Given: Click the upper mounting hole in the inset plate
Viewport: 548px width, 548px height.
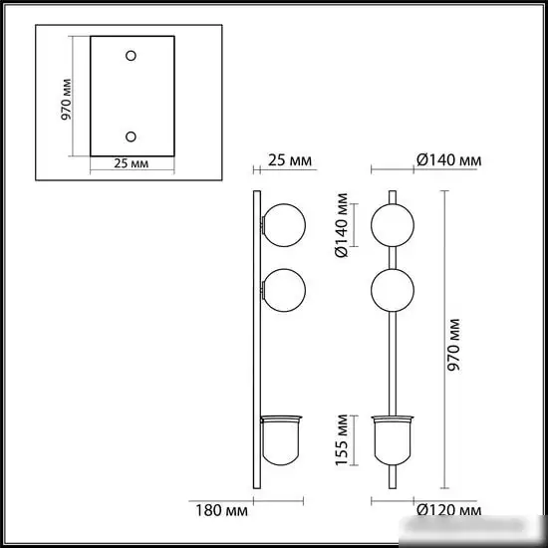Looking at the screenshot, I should [x=131, y=55].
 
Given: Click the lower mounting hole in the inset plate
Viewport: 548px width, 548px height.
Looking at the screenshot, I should [x=131, y=136].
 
